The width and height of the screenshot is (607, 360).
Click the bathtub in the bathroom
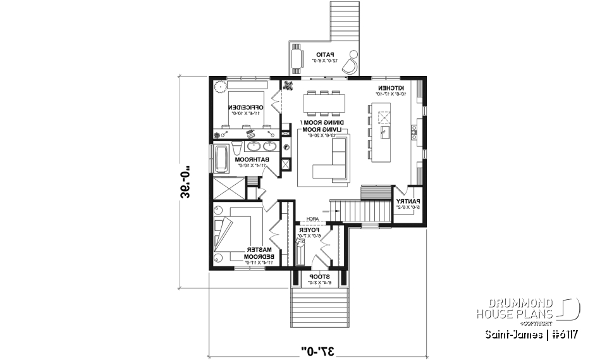[x=221, y=159]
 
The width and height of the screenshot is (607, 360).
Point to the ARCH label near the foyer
[x=312, y=219]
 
